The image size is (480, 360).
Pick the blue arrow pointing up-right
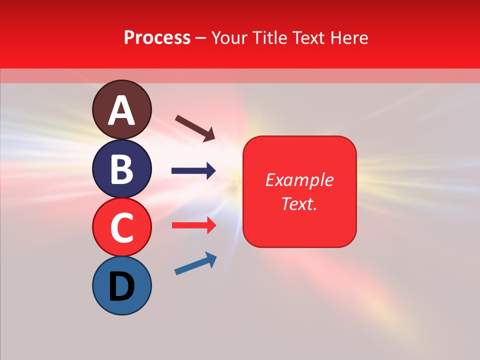click(195, 263)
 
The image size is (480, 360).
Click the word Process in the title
click(157, 38)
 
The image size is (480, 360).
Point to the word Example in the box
click(299, 180)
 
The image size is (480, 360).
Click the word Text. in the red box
click(299, 203)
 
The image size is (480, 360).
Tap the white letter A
click(122, 110)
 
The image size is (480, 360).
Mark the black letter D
click(122, 287)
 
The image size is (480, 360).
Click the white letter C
click(122, 227)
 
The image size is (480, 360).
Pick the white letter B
click(122, 169)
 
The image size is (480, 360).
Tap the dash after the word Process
click(201, 38)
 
